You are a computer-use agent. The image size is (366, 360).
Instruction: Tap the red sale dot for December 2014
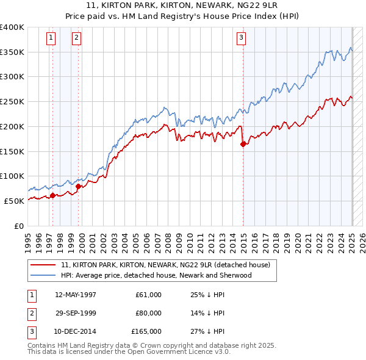(243, 145)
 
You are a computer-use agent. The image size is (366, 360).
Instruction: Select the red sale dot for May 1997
(52, 195)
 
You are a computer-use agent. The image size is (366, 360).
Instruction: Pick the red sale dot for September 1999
(79, 186)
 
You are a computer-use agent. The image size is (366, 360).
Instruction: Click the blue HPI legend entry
(156, 275)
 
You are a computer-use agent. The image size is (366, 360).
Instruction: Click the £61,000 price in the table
(149, 295)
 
